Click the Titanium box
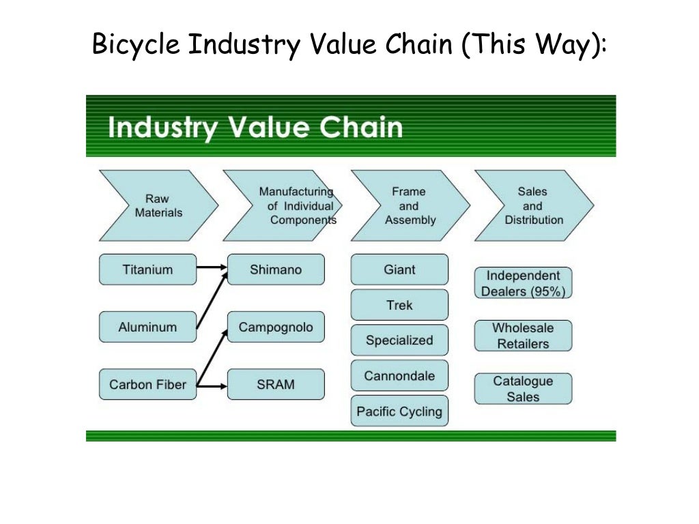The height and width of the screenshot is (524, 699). tap(147, 270)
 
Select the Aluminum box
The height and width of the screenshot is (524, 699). tap(147, 327)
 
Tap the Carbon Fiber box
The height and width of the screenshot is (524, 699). tap(147, 385)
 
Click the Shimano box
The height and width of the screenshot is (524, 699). tap(276, 270)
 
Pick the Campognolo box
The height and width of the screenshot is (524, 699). tap(276, 327)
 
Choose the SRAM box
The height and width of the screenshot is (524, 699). tap(276, 385)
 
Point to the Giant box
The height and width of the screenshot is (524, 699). tap(399, 270)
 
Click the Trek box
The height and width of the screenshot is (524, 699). tap(399, 305)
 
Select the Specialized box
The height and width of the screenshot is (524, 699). tap(399, 340)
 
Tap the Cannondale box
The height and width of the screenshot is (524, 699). tap(399, 376)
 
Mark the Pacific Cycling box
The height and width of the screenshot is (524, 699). tap(399, 411)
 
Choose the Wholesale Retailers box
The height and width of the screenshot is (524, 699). tap(523, 336)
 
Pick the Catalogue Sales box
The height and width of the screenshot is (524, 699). tap(523, 389)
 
